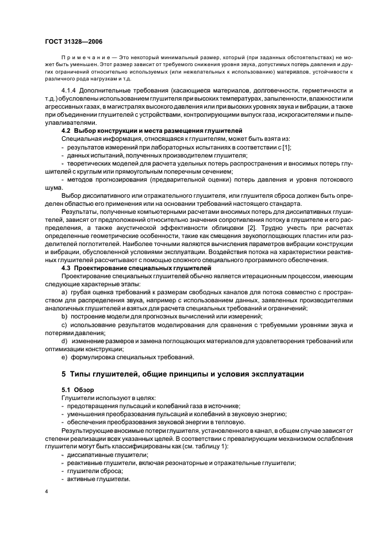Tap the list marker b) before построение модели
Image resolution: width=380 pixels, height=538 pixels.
tap(64, 317)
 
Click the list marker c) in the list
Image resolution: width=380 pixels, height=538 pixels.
tap(64, 325)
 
